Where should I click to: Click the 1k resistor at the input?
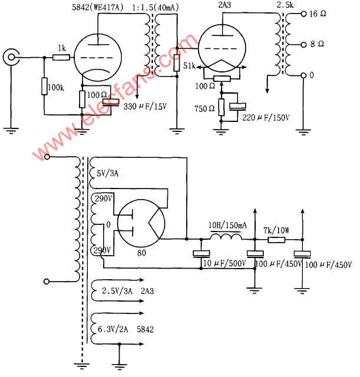(61, 58)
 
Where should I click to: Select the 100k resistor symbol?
(44, 86)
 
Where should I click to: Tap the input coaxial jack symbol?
(11, 57)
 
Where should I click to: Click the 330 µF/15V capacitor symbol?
(111, 102)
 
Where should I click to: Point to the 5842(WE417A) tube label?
(98, 7)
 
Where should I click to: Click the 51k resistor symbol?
(177, 63)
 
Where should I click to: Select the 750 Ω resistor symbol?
(222, 107)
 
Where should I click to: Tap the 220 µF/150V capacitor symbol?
(237, 107)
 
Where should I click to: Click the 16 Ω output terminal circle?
(303, 14)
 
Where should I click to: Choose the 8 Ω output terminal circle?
(303, 45)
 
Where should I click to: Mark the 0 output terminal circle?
(303, 75)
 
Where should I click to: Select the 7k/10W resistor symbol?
(276, 240)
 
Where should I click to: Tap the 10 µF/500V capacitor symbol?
(202, 254)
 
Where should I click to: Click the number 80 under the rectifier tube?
(141, 253)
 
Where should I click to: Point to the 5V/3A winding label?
(107, 173)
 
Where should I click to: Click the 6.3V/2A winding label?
(113, 329)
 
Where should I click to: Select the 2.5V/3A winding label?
(117, 291)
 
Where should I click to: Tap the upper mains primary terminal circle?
(47, 157)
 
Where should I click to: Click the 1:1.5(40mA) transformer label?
(156, 8)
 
